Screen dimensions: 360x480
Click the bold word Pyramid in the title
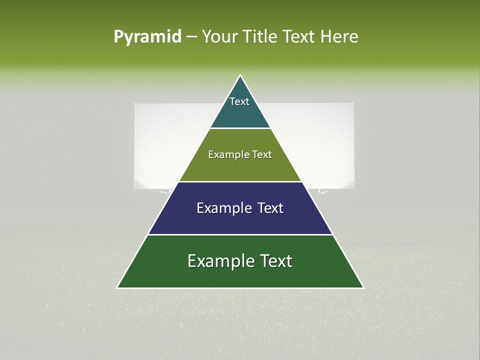147,37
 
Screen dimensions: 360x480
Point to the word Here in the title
339,37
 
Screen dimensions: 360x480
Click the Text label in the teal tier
239,101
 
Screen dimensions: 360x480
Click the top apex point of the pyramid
240,75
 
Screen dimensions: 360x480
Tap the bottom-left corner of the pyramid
117,287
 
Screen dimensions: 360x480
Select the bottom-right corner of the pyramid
363,287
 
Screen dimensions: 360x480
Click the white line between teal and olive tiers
240,128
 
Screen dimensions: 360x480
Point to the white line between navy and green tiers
240,234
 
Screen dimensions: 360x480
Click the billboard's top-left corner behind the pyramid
135,104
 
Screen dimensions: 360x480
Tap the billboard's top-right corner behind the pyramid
353,103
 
